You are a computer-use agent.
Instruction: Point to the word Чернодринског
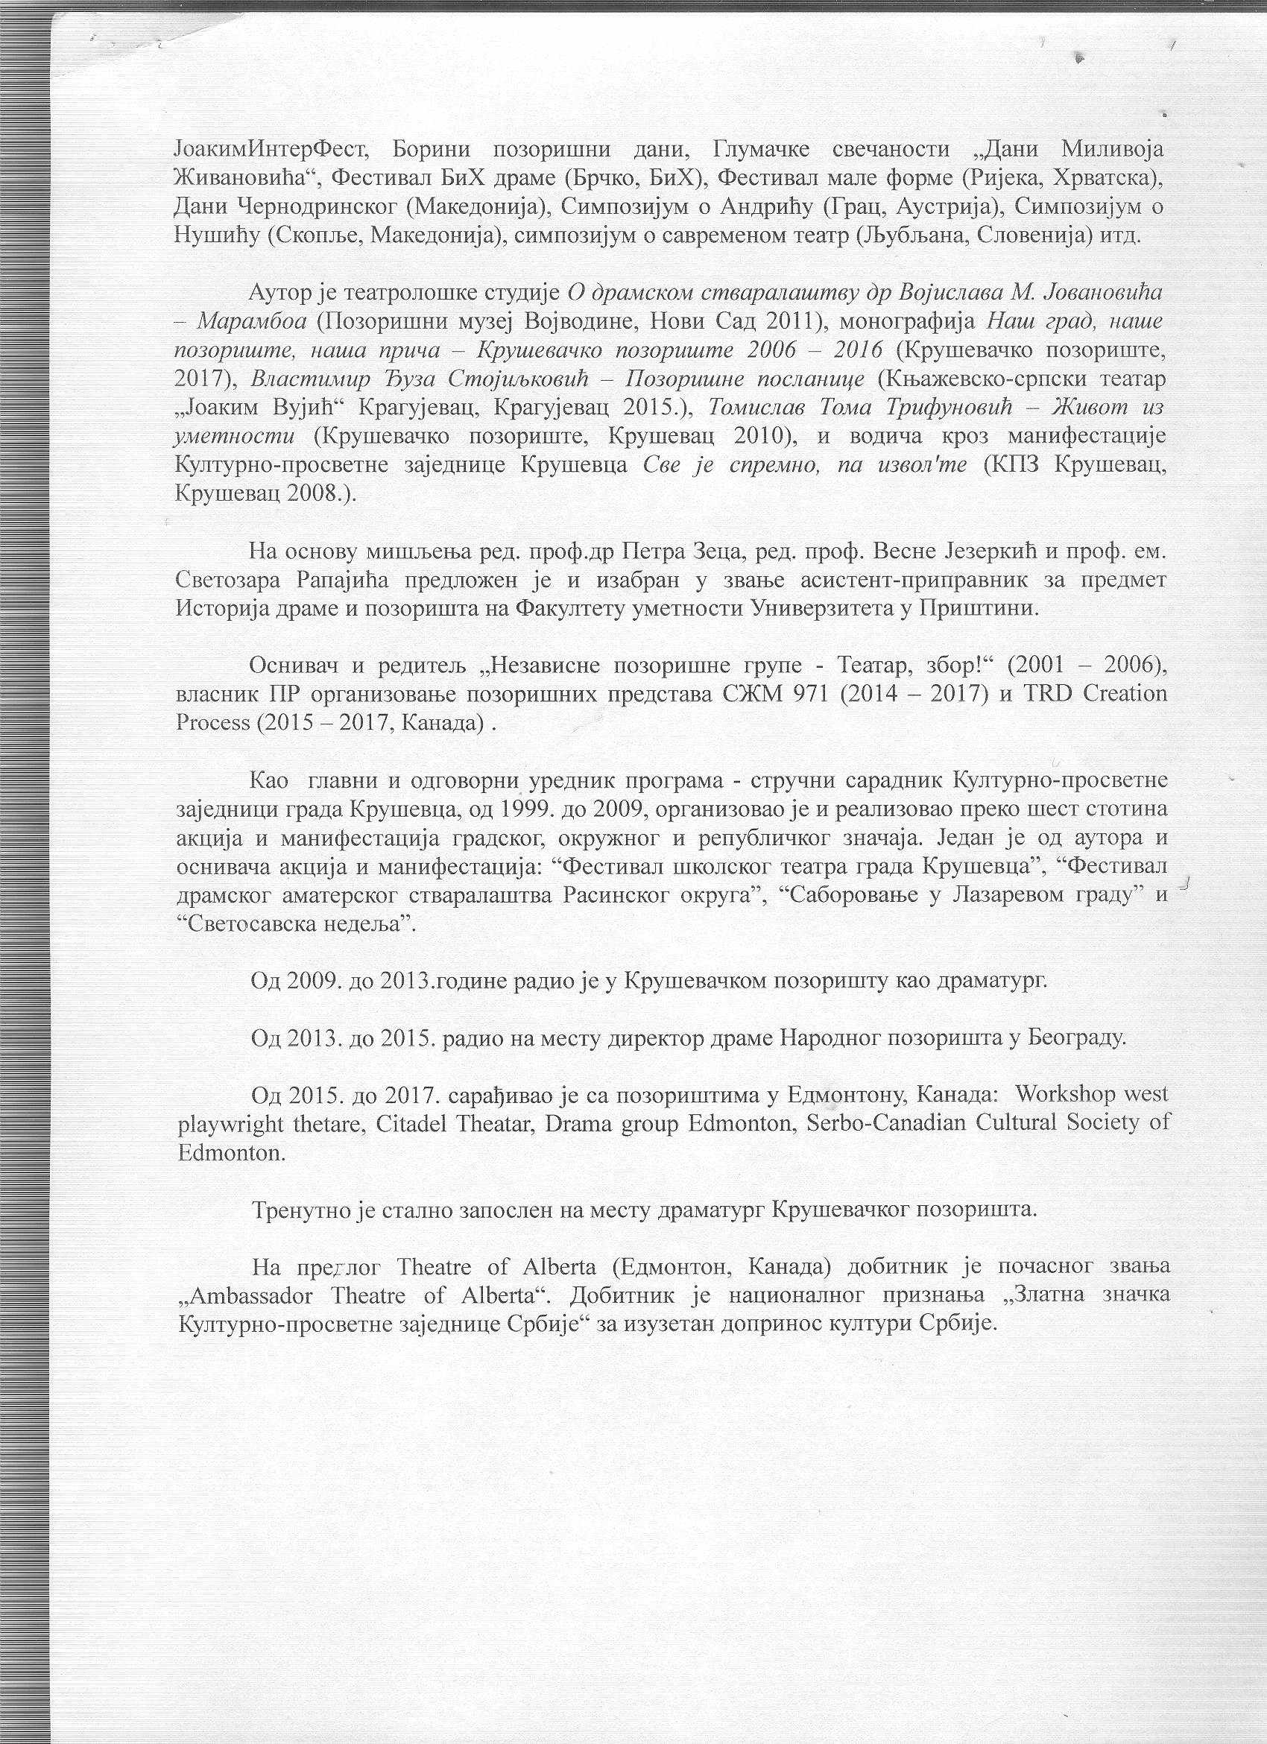[x=313, y=207]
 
